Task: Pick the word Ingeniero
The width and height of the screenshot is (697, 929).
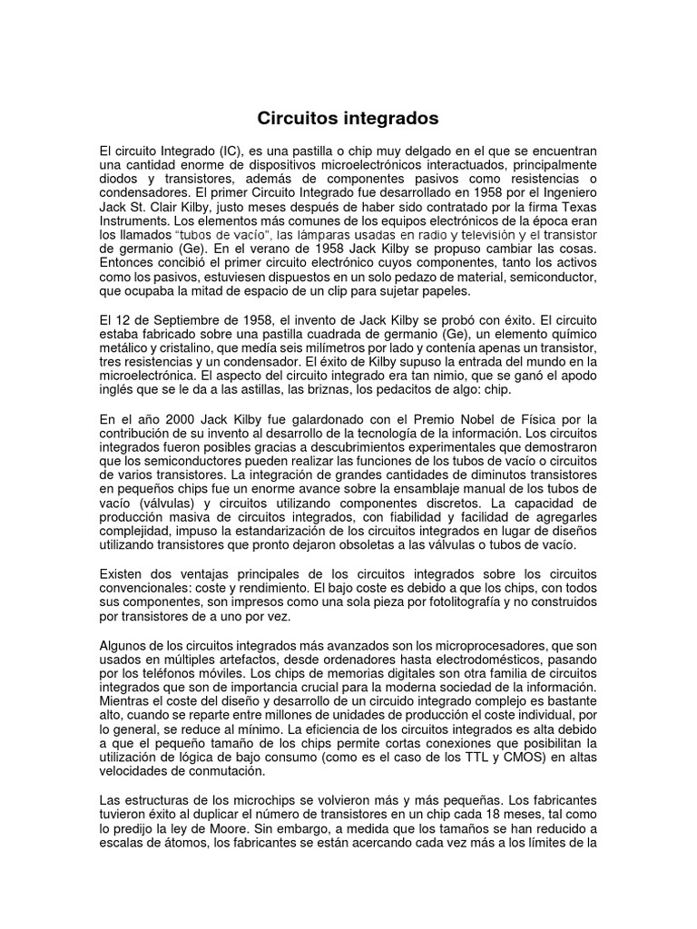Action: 563,192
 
